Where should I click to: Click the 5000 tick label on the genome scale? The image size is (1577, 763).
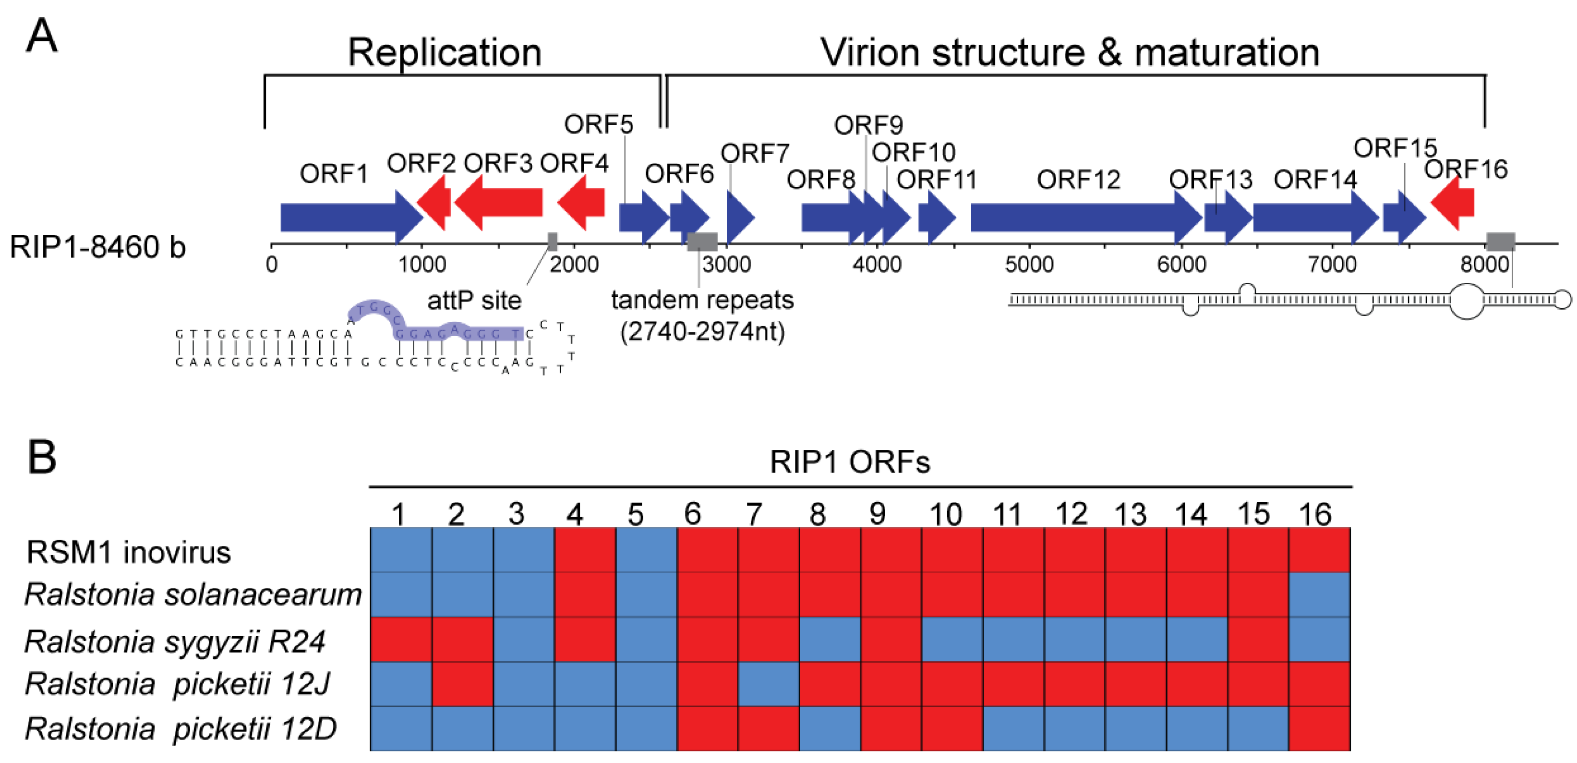1029,265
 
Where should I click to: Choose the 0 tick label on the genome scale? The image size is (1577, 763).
271,265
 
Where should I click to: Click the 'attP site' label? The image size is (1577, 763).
474,301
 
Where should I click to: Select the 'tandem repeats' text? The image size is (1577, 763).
702,300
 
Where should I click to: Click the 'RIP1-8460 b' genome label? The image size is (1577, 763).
97,247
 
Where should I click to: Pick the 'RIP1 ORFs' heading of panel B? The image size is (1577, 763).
850,462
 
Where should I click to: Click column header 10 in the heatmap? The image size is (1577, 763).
946,514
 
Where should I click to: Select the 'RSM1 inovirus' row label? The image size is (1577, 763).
129,552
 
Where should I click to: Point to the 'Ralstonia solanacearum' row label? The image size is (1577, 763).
193,594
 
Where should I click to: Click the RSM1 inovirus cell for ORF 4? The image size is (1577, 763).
585,550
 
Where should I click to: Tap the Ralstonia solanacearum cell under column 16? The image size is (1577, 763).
1319,594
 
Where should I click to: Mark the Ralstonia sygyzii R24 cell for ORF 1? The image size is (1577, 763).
401,639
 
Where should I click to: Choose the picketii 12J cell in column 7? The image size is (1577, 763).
768,684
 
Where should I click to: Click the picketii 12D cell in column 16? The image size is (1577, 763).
1319,728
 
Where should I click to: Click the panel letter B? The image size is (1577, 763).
42,458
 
